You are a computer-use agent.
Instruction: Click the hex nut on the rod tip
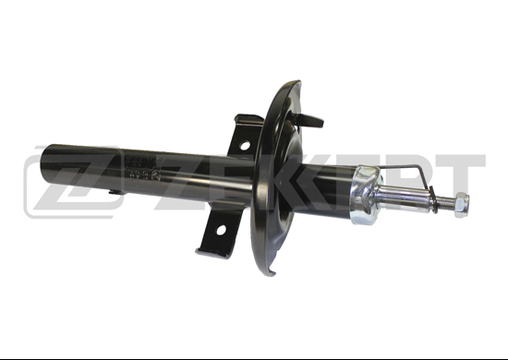[x=461, y=205]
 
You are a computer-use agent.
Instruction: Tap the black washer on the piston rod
[x=432, y=199]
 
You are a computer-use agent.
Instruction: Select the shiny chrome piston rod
[x=404, y=198]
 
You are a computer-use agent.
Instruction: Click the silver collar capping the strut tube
[x=365, y=195]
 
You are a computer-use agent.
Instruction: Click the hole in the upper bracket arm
[x=245, y=145]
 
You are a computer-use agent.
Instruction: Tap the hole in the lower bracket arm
[x=222, y=230]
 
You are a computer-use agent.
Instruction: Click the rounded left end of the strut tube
[x=45, y=166]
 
